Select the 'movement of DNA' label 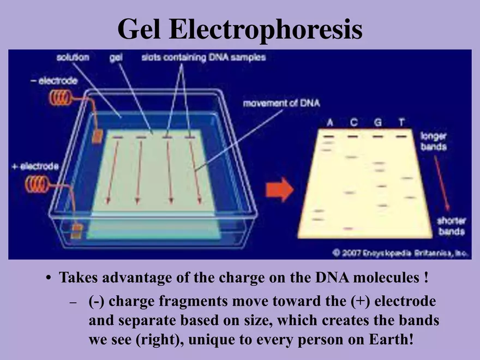click(x=281, y=103)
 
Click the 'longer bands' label click(x=434, y=142)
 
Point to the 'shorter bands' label click(x=450, y=226)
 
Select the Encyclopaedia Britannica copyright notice click(x=401, y=253)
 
